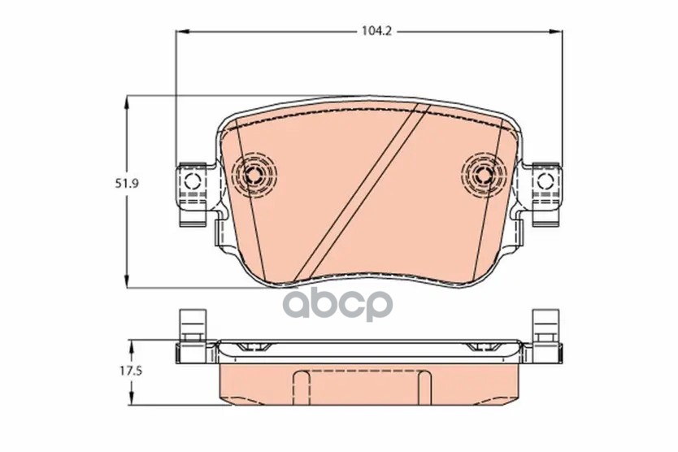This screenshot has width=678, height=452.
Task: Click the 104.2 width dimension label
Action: click(376, 31)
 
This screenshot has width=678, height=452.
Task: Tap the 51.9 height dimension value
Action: click(127, 184)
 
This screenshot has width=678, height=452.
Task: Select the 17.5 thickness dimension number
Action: click(131, 371)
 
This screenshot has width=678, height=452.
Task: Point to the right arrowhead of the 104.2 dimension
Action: click(556, 31)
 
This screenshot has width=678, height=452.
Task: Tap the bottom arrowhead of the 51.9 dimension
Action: click(127, 280)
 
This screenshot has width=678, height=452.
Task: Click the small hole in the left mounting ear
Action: click(192, 180)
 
